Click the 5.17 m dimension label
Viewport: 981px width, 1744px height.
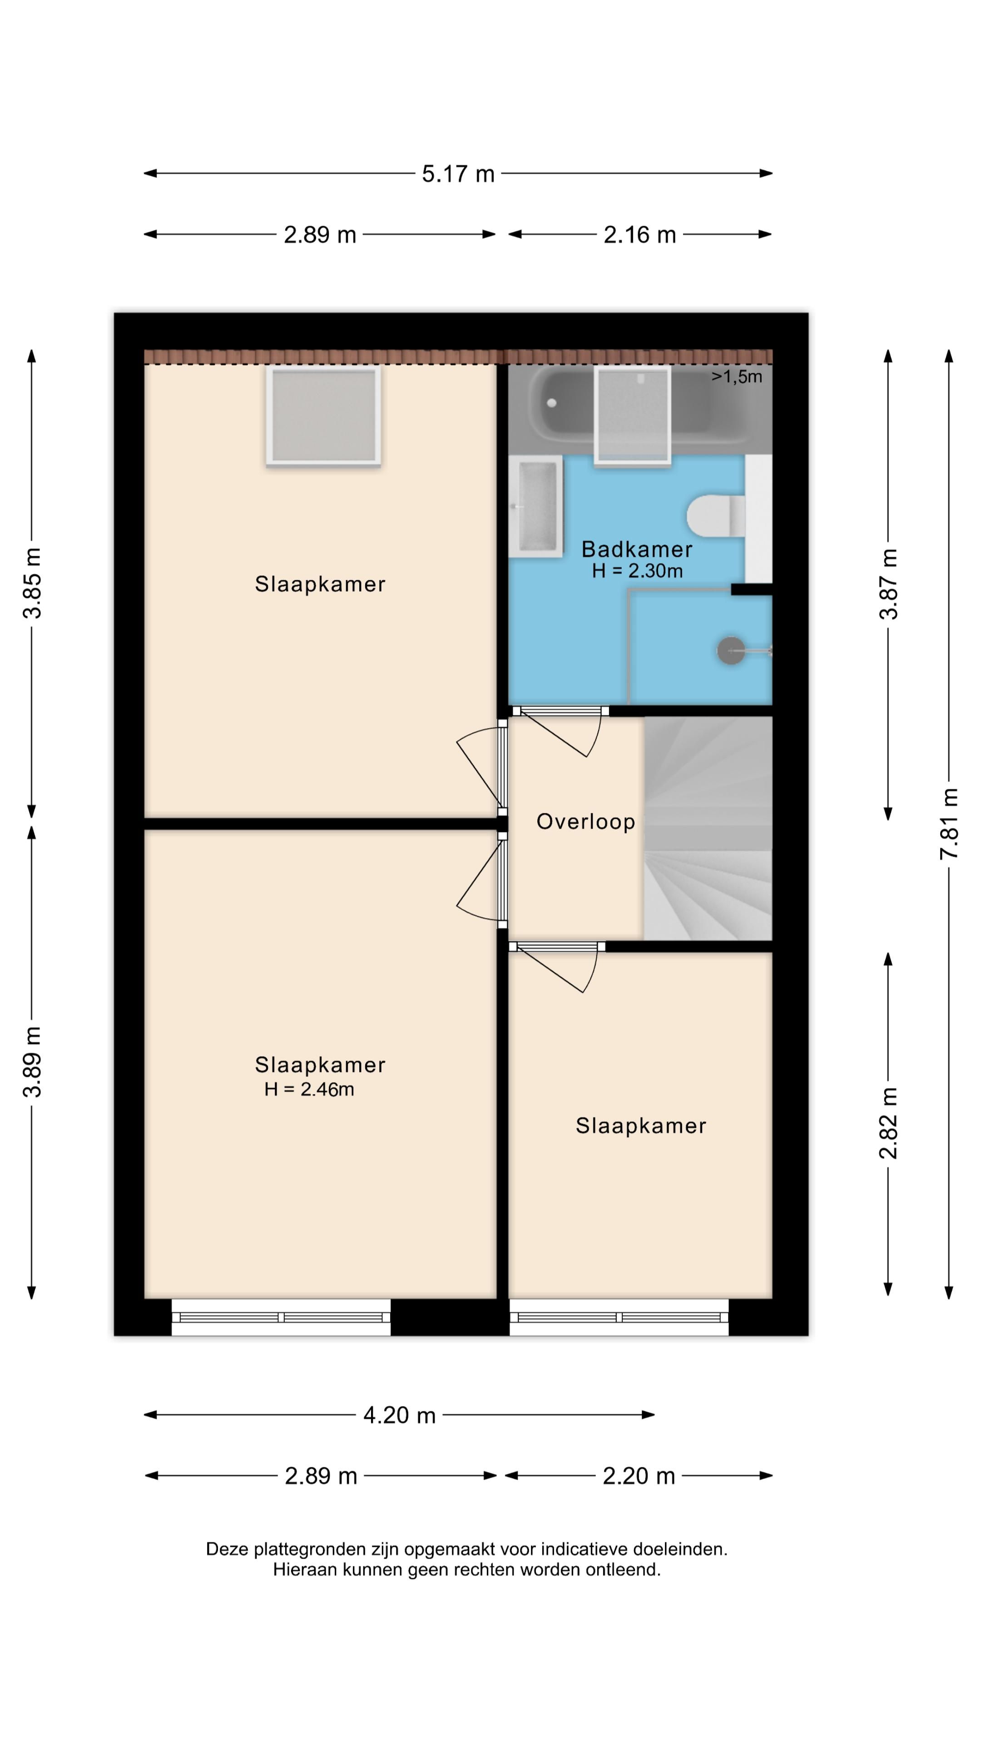click(x=458, y=174)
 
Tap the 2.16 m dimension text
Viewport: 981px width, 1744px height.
click(x=640, y=235)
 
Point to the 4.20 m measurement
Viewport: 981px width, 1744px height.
click(x=400, y=1415)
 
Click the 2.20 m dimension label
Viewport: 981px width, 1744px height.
click(x=639, y=1476)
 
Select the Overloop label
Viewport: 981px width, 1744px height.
click(x=585, y=822)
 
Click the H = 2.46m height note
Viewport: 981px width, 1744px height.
click(x=309, y=1090)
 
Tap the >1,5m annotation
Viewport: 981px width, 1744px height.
click(x=737, y=377)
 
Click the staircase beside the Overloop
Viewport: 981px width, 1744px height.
click(x=708, y=827)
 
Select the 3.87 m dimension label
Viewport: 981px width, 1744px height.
click(x=888, y=584)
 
